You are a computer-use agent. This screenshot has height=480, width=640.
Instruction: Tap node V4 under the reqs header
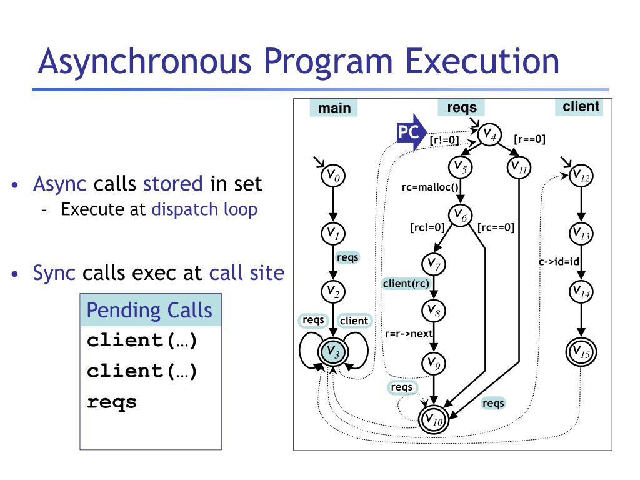[x=489, y=134]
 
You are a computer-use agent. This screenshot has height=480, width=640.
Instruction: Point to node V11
[x=519, y=167]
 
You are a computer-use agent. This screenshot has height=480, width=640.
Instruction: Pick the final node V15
[x=581, y=352]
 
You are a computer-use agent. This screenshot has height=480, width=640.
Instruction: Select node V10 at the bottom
[x=433, y=420]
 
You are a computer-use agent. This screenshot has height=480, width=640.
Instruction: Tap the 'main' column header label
[x=334, y=108]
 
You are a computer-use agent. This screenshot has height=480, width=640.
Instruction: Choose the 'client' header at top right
[x=581, y=107]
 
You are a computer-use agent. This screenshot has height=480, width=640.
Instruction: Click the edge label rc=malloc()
[x=430, y=186]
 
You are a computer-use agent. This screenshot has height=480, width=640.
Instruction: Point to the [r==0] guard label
[x=529, y=139]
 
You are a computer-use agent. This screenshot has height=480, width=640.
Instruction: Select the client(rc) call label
[x=406, y=284]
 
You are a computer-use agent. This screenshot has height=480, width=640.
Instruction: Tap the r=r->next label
[x=409, y=333]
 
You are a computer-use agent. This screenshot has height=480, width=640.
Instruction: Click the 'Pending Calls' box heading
[x=149, y=311]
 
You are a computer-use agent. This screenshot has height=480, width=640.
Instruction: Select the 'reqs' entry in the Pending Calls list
[x=111, y=402]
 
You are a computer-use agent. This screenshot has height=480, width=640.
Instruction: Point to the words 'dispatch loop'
[x=204, y=209]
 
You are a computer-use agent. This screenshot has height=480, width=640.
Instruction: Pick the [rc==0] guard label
[x=496, y=227]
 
